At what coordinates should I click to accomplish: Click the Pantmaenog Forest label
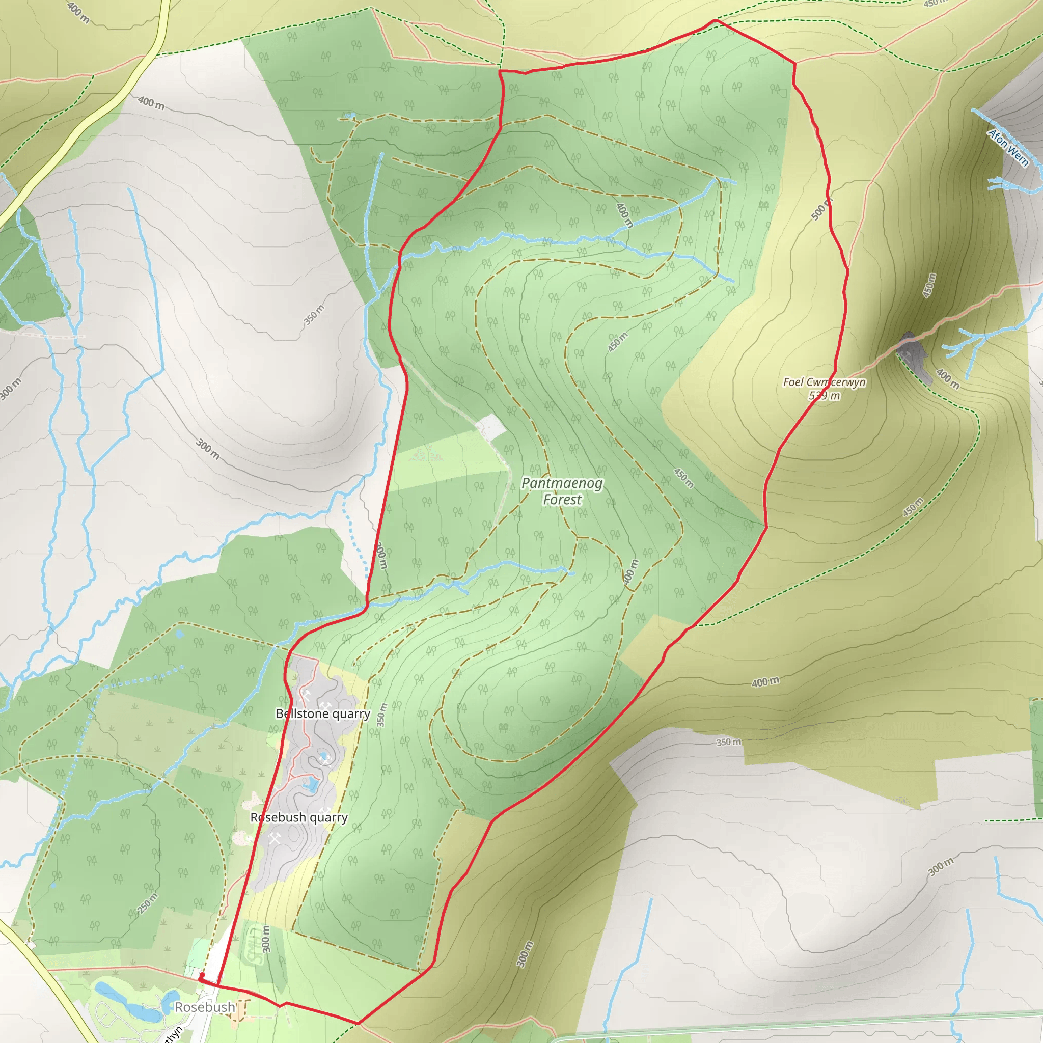click(x=562, y=491)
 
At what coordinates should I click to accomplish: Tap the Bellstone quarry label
click(x=323, y=713)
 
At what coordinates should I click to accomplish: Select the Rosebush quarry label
click(x=298, y=817)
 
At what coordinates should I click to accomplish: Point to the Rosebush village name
click(x=205, y=1007)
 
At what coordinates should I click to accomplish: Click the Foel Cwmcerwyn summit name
click(x=824, y=382)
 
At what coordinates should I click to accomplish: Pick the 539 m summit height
click(x=824, y=396)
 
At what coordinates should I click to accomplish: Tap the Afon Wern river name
click(x=1008, y=147)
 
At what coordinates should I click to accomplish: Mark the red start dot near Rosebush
click(x=201, y=975)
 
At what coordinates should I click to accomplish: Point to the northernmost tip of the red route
click(x=715, y=20)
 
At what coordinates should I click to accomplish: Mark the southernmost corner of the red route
click(x=358, y=1024)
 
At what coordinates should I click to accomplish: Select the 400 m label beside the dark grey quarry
click(x=947, y=378)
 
